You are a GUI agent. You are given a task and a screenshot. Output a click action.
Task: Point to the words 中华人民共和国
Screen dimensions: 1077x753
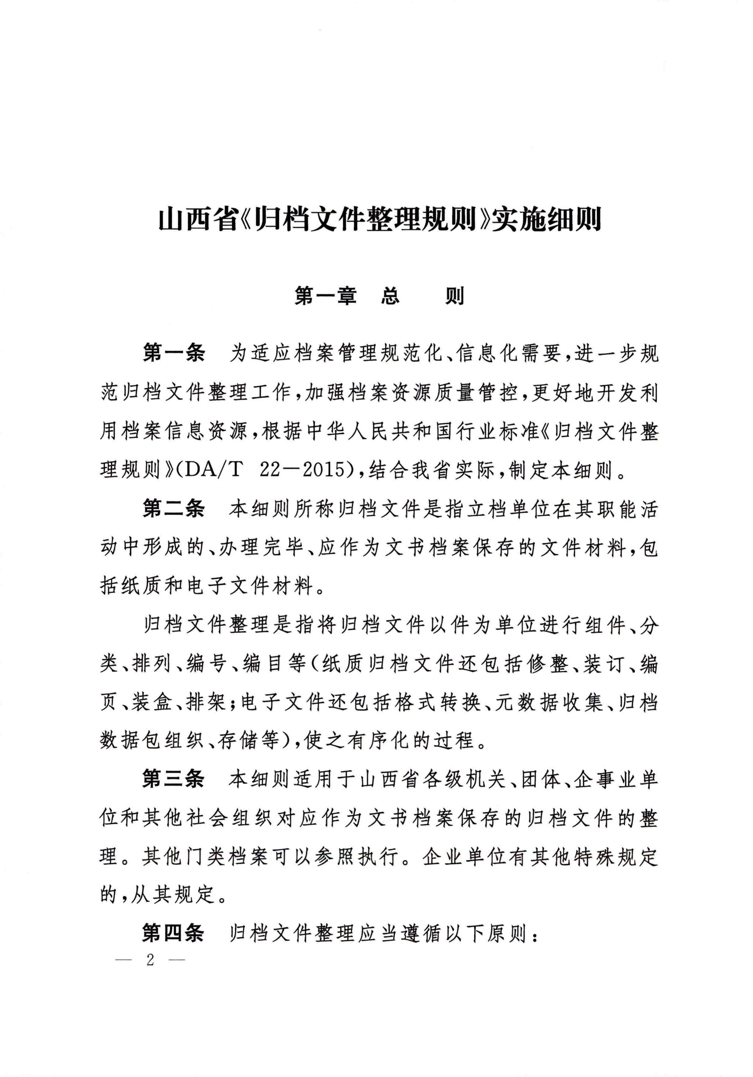click(361, 431)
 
